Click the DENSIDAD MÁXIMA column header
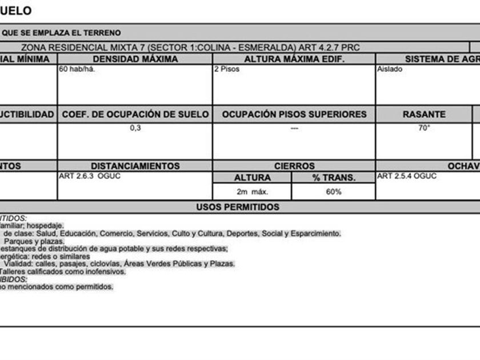(x=135, y=59)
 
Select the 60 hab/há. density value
(x=73, y=69)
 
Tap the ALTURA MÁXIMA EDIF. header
(x=294, y=59)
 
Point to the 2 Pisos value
(x=227, y=69)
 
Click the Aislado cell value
(x=390, y=69)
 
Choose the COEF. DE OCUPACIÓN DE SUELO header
(x=135, y=114)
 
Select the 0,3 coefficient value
(x=135, y=128)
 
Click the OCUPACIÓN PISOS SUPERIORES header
(x=294, y=114)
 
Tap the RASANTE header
(x=424, y=114)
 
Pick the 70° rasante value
(x=423, y=128)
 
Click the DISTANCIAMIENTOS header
(x=135, y=166)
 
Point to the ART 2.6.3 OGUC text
(x=90, y=176)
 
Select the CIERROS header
(x=294, y=166)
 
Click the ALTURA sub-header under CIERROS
(x=252, y=178)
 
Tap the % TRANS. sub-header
(x=334, y=178)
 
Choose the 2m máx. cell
(x=252, y=192)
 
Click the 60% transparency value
(x=334, y=192)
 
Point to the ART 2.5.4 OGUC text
(x=407, y=176)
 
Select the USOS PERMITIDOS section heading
(x=238, y=207)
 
